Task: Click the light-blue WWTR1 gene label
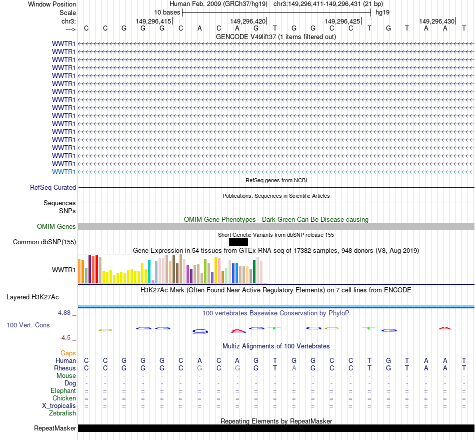(x=63, y=172)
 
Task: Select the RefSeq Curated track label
(x=53, y=188)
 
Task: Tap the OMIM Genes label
(x=56, y=227)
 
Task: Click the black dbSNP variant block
(x=238, y=242)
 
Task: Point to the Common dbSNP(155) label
(x=44, y=242)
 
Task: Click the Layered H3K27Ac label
(x=32, y=297)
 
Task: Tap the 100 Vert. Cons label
(x=28, y=325)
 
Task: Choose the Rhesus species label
(x=65, y=368)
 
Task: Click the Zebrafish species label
(x=62, y=413)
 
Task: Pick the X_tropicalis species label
(x=59, y=405)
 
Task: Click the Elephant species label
(x=63, y=390)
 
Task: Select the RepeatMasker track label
(x=55, y=428)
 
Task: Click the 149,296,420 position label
(x=247, y=22)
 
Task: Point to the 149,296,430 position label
(x=436, y=22)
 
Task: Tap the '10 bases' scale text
(x=167, y=12)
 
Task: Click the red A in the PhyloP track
(x=444, y=328)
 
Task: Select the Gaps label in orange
(x=68, y=353)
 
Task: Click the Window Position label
(x=52, y=4)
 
